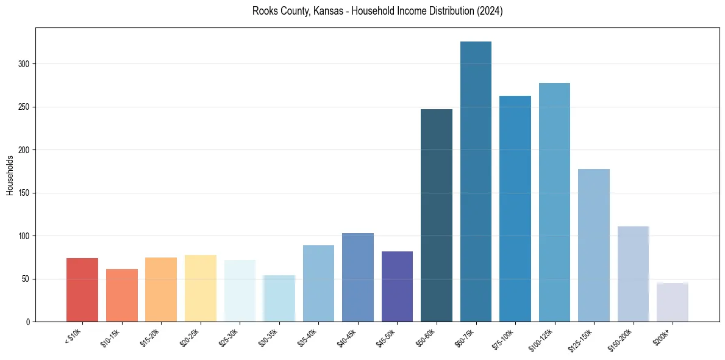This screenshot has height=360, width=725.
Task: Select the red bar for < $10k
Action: pos(82,290)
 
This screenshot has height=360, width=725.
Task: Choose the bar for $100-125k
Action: pos(554,202)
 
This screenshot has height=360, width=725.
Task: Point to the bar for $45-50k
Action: pos(397,286)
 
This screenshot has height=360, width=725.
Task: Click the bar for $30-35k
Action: pos(279,298)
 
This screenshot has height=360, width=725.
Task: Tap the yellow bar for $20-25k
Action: pos(201,288)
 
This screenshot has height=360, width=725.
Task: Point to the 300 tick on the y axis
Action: pos(24,64)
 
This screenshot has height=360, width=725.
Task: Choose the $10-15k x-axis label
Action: pos(110,337)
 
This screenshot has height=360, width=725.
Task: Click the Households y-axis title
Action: pos(10,175)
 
